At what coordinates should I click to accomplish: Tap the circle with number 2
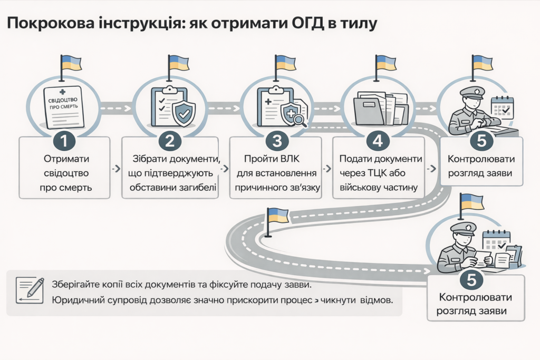[170, 141]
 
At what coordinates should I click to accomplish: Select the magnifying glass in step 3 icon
[300, 121]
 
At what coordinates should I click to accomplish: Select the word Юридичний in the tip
[79, 301]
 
